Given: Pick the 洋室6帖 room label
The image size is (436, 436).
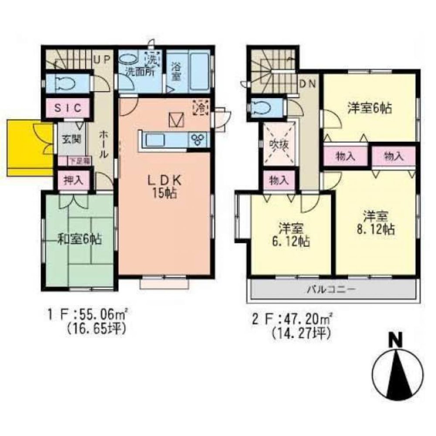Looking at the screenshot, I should tap(369, 108).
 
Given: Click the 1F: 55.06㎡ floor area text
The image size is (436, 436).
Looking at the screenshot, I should tap(87, 313).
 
